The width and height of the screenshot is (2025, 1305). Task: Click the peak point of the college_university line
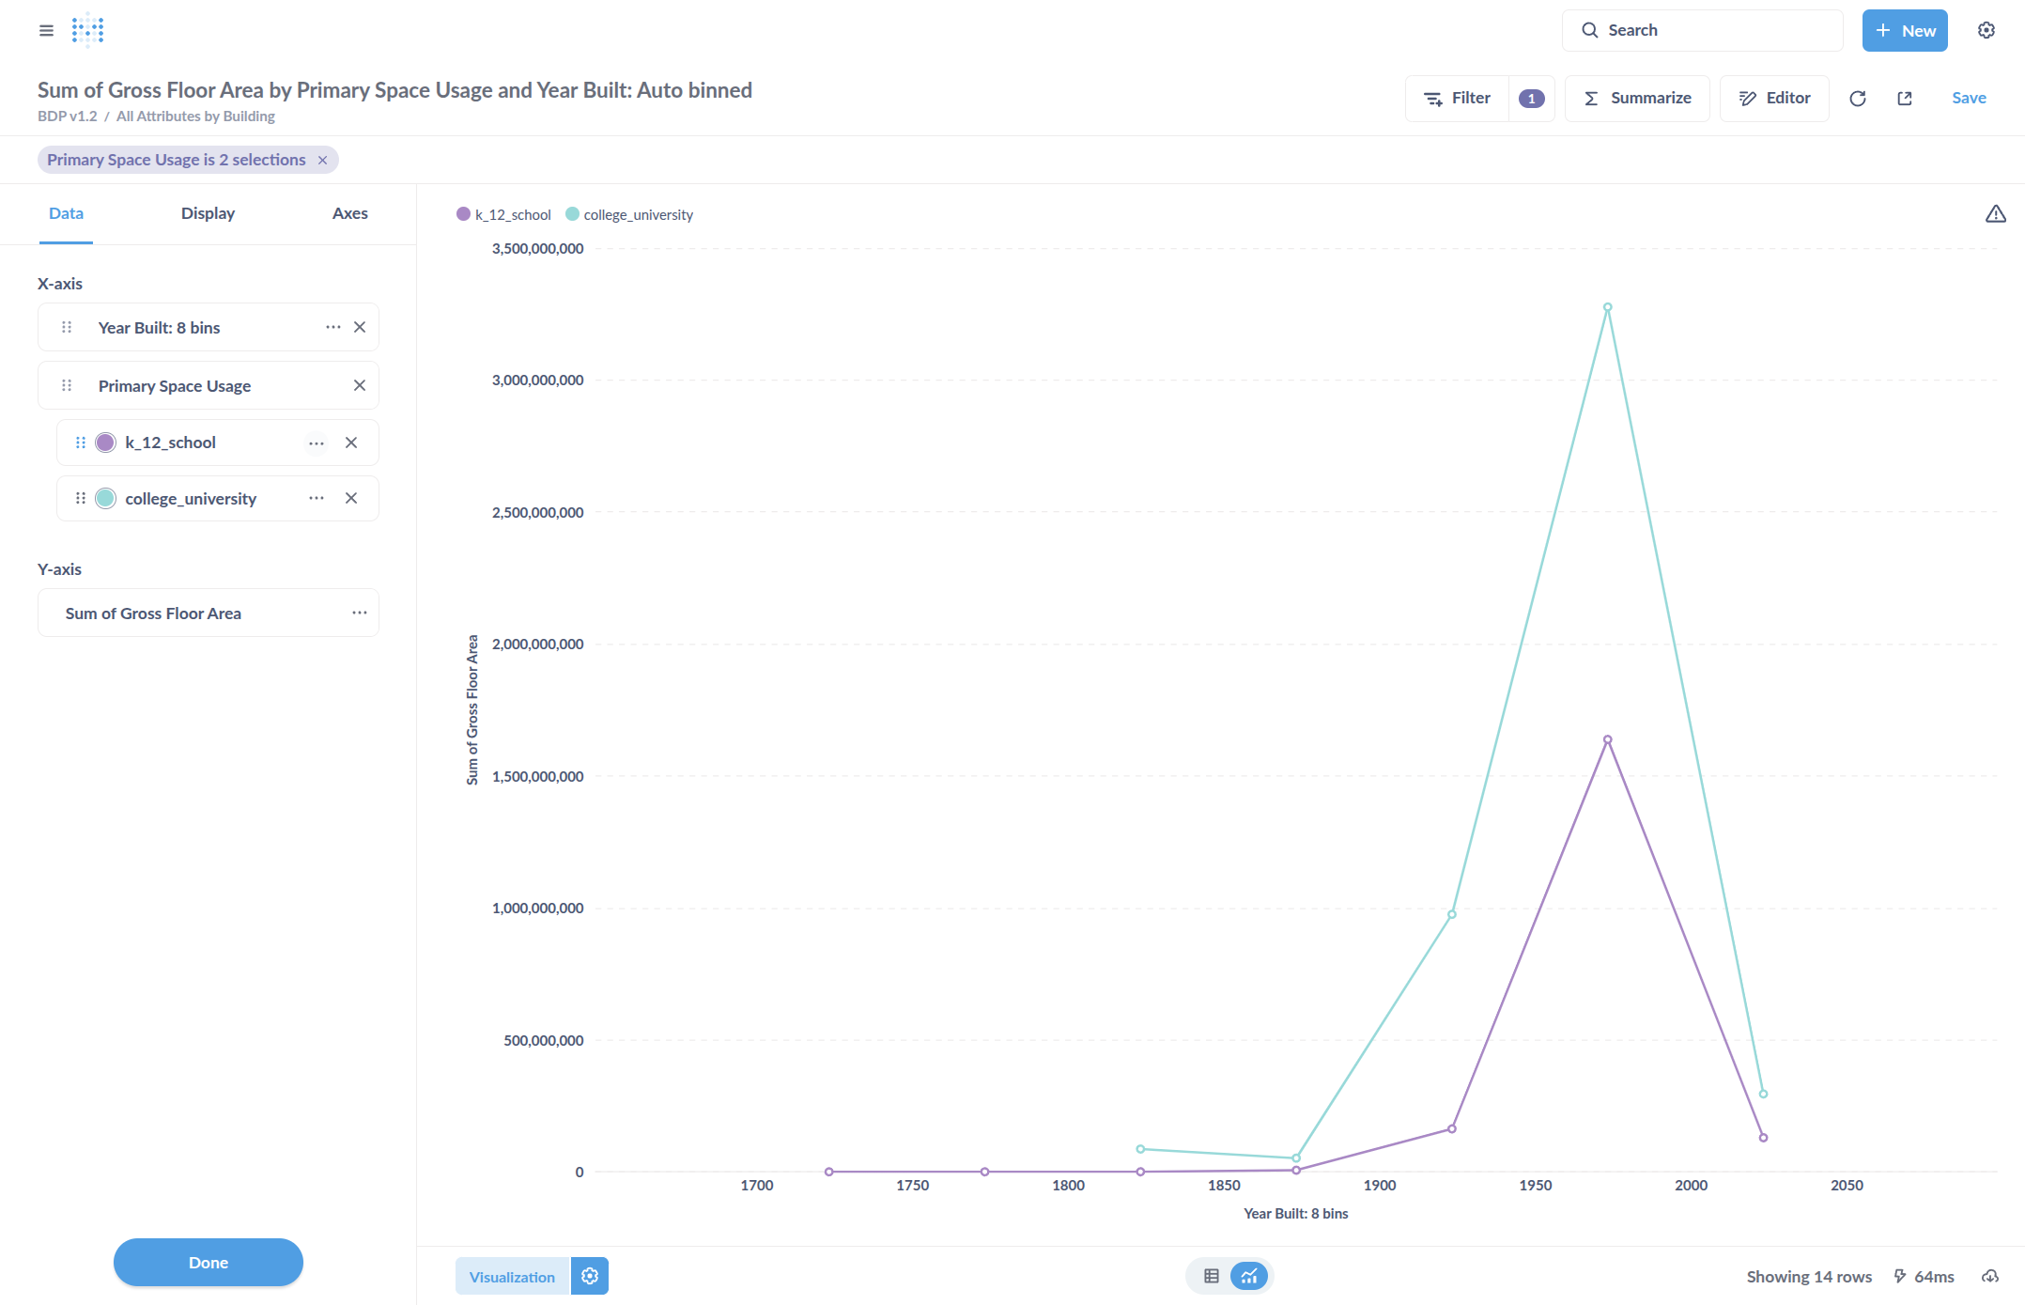pyautogui.click(x=1607, y=307)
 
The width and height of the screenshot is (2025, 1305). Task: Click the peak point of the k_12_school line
pyautogui.click(x=1607, y=739)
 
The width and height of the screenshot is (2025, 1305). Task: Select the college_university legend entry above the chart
pyautogui.click(x=629, y=215)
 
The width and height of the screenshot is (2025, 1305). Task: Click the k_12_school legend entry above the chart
pyautogui.click(x=504, y=215)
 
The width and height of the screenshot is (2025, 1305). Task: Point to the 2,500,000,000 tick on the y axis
pyautogui.click(x=537, y=513)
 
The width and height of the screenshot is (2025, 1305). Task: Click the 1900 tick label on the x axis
pyautogui.click(x=1379, y=1186)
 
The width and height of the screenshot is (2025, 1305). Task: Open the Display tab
pyautogui.click(x=208, y=213)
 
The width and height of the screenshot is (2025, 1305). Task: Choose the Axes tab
pyautogui.click(x=349, y=213)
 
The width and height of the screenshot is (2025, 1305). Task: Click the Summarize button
pyautogui.click(x=1637, y=99)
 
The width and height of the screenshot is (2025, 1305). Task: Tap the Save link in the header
pyautogui.click(x=1969, y=99)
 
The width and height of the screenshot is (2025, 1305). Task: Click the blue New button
pyautogui.click(x=1905, y=31)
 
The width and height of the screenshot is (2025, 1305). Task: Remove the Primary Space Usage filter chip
pyautogui.click(x=322, y=161)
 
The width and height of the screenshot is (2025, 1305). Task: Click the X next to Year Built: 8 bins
pyautogui.click(x=360, y=328)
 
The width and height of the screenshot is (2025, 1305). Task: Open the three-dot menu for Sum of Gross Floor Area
pyautogui.click(x=360, y=614)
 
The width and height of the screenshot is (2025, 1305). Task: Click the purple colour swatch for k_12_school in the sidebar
pyautogui.click(x=106, y=443)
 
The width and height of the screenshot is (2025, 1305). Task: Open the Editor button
pyautogui.click(x=1774, y=99)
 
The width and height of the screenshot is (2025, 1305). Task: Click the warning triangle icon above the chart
pyautogui.click(x=1996, y=214)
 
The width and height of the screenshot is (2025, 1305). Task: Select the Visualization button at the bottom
pyautogui.click(x=512, y=1277)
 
